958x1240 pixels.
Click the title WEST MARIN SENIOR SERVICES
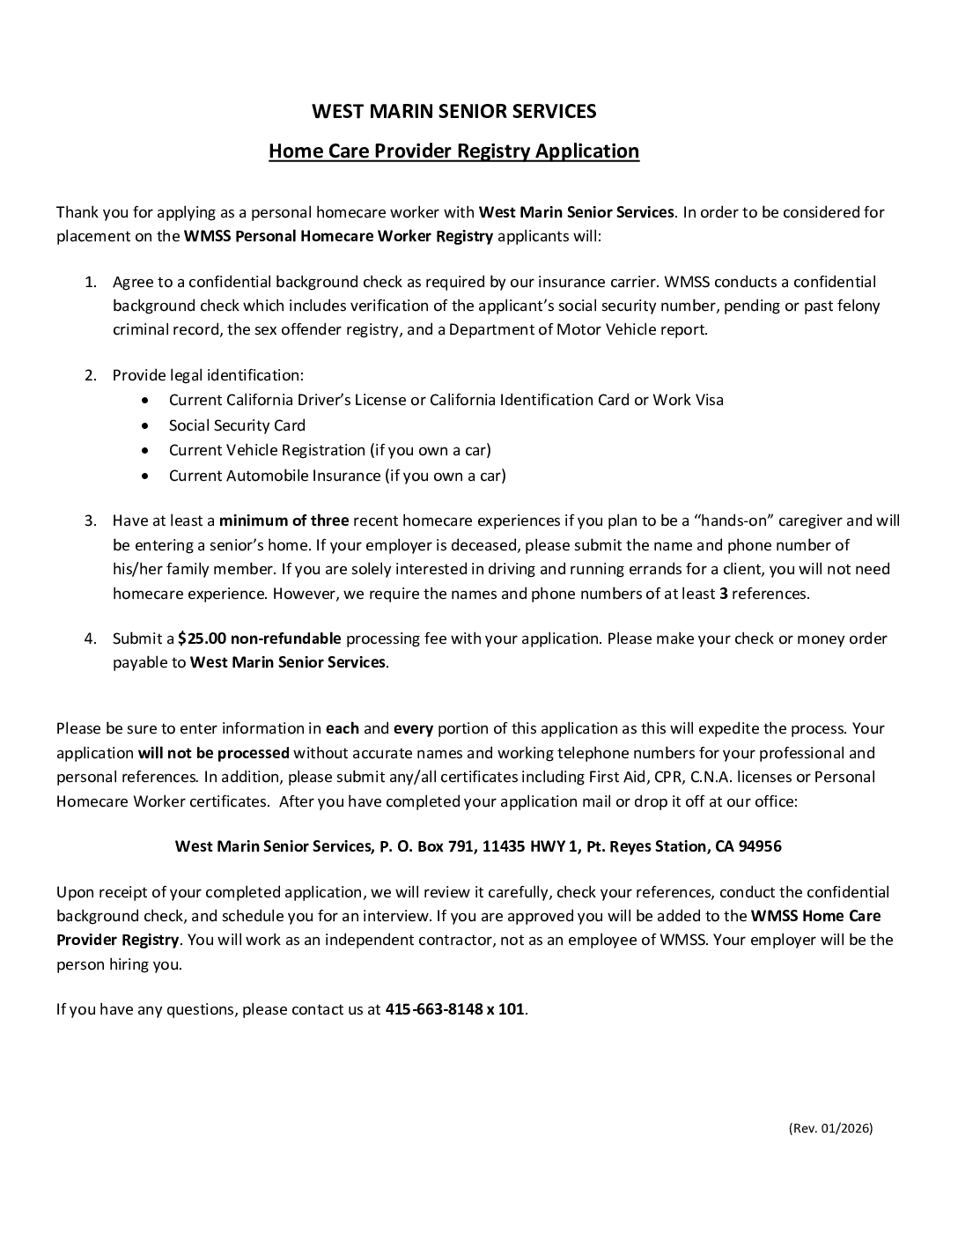click(454, 111)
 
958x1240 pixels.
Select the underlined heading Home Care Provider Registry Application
click(453, 151)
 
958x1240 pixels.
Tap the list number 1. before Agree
click(91, 282)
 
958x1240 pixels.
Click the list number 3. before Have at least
click(91, 520)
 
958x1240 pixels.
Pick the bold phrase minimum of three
click(284, 520)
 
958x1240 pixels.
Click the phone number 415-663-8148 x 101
click(454, 1009)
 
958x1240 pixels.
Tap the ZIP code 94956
click(760, 846)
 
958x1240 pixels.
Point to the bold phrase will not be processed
click(214, 753)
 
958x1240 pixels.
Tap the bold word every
click(413, 728)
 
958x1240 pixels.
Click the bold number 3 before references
click(724, 594)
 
